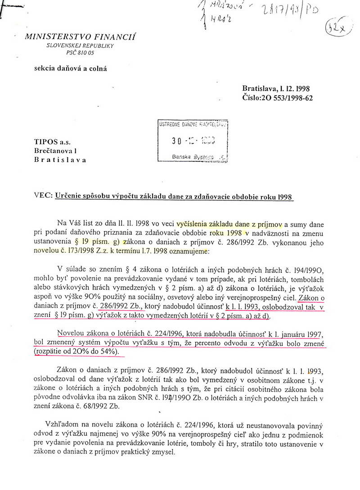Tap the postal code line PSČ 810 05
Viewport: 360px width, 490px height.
point(81,53)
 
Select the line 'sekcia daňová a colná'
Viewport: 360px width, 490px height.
point(71,68)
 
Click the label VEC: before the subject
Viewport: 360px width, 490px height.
point(43,196)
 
